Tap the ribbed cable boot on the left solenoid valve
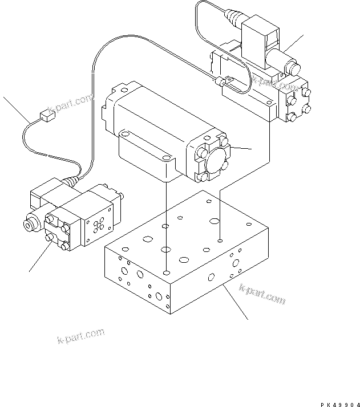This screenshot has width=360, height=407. (x=70, y=182)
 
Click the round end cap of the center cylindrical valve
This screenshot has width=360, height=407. (x=212, y=158)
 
